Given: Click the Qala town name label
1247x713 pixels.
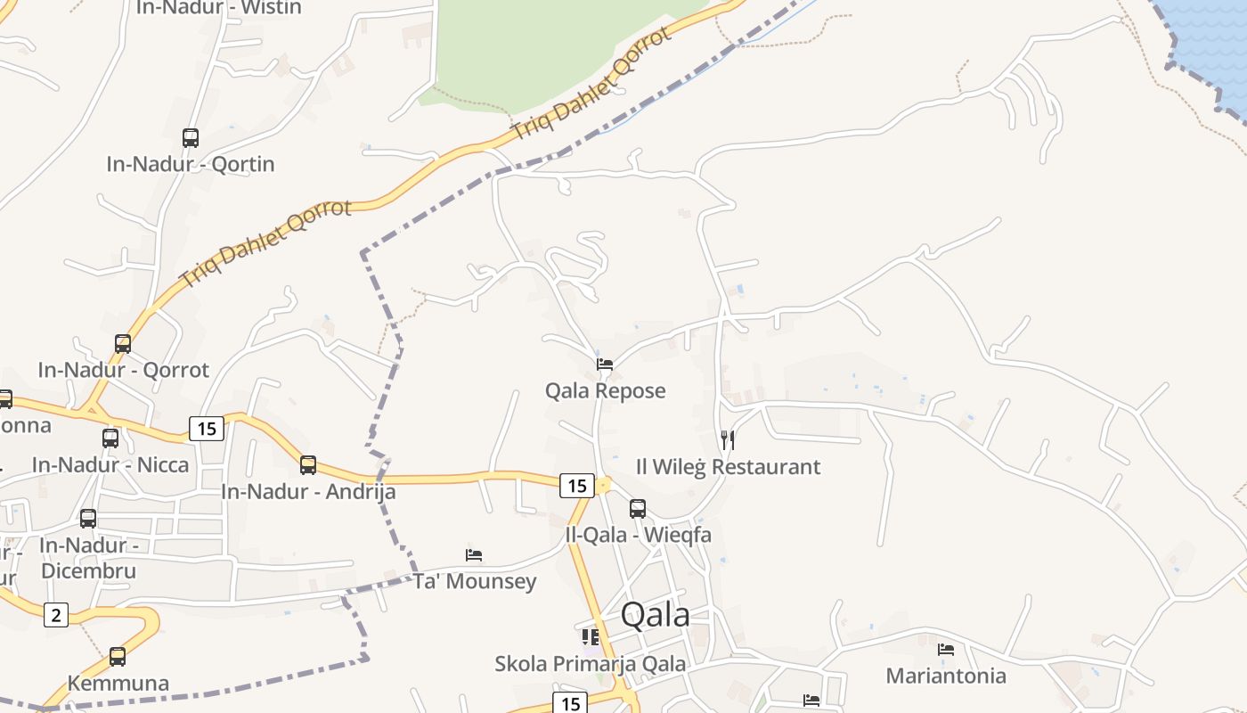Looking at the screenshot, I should click(x=655, y=615).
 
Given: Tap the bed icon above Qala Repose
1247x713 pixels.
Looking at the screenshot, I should click(x=605, y=364).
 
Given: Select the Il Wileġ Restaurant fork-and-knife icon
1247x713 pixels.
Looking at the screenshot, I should click(x=728, y=439).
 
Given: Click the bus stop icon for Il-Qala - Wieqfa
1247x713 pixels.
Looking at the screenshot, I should click(x=638, y=509).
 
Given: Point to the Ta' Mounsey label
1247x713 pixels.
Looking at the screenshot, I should click(x=475, y=582).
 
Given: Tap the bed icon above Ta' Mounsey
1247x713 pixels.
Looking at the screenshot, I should click(x=474, y=554).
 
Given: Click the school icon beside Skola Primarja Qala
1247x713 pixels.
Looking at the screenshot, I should click(x=591, y=636).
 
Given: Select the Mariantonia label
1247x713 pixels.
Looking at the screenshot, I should click(x=946, y=676).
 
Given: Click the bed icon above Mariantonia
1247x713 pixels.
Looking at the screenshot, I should click(x=946, y=649).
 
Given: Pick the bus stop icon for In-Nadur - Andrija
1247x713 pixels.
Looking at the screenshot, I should click(x=308, y=464).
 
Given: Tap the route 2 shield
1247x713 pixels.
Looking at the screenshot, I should click(x=56, y=614).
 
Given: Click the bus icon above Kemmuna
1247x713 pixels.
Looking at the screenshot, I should click(x=118, y=657).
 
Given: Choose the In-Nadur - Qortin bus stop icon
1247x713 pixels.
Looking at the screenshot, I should click(x=191, y=138).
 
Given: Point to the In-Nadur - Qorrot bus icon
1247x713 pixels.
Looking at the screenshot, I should click(x=123, y=343).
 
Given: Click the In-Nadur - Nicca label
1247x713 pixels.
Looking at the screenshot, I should click(x=110, y=465).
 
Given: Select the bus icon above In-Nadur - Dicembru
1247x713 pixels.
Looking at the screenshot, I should click(x=88, y=518).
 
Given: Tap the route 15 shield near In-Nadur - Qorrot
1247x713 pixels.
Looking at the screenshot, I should click(x=206, y=429).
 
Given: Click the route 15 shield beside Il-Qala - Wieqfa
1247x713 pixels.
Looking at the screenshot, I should click(x=577, y=485).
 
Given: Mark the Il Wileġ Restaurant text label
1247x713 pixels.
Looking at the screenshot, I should click(x=728, y=467).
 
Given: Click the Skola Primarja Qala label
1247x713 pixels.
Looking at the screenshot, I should click(x=591, y=664).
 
